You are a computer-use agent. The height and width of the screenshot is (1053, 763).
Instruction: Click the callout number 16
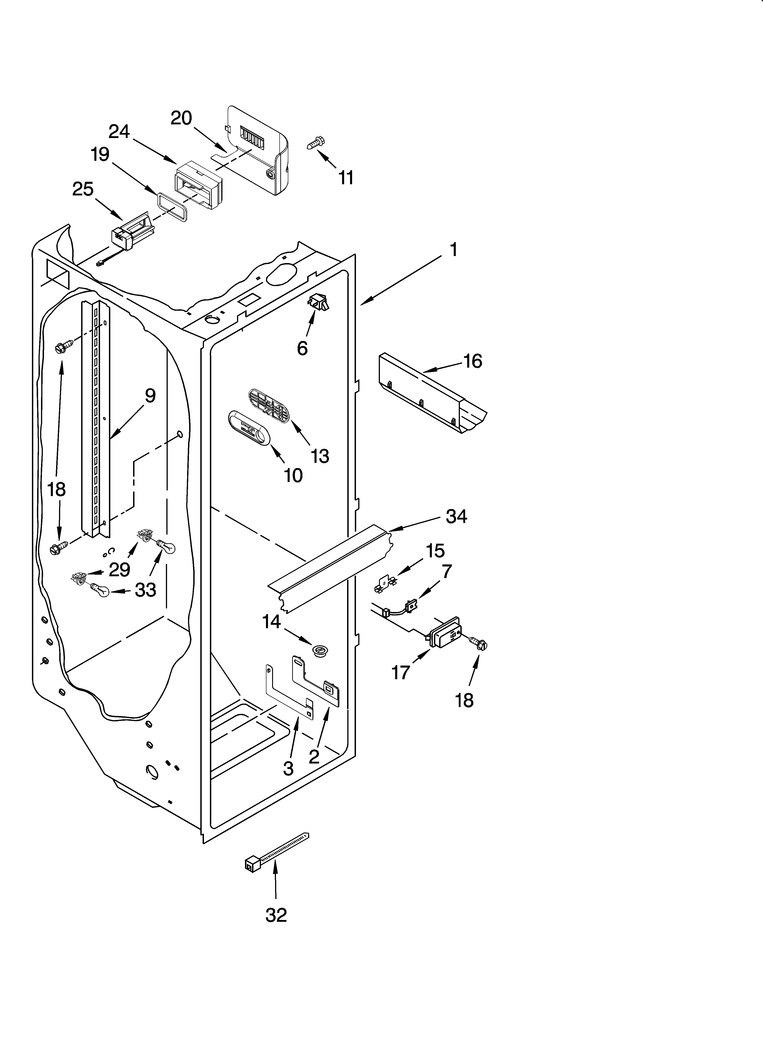(473, 361)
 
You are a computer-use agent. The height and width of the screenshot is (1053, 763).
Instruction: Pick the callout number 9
(150, 396)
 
